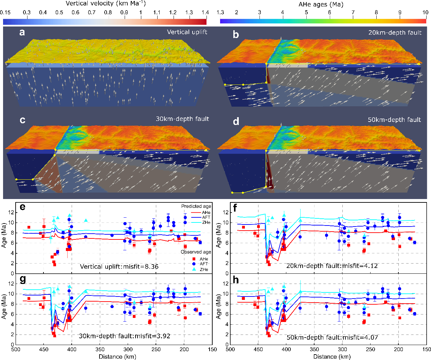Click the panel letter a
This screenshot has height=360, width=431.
click(22, 33)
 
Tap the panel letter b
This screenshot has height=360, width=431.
click(236, 34)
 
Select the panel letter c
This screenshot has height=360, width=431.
click(22, 120)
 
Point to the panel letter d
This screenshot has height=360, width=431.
click(236, 121)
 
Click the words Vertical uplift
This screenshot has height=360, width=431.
click(187, 32)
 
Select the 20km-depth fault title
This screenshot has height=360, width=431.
click(395, 33)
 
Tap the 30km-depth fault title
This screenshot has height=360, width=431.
click(182, 119)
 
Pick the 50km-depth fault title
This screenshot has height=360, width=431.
click(394, 120)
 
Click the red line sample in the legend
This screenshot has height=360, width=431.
click(196, 213)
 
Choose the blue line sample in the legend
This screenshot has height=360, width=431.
click(196, 218)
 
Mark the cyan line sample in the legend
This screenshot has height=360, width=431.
click(196, 223)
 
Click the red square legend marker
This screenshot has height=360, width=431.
click(194, 259)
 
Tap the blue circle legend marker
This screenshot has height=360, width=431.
click(194, 264)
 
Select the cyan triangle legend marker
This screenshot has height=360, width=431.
click(194, 269)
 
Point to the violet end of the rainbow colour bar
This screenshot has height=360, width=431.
click(222, 21)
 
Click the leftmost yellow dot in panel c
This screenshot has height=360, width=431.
click(16, 179)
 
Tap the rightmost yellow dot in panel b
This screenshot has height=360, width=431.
click(419, 64)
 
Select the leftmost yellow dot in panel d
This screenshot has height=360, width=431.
click(232, 193)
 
